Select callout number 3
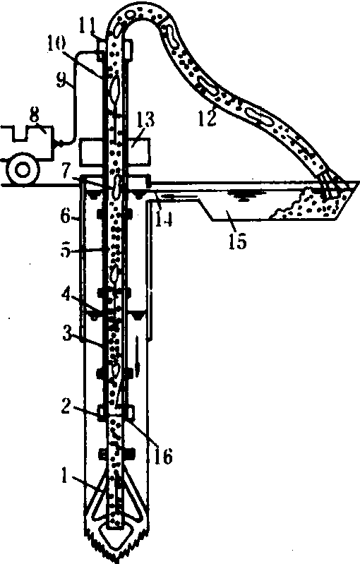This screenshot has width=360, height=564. tap(67, 334)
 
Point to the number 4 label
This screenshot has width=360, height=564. tap(66, 294)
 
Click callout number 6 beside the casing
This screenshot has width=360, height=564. tap(66, 216)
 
